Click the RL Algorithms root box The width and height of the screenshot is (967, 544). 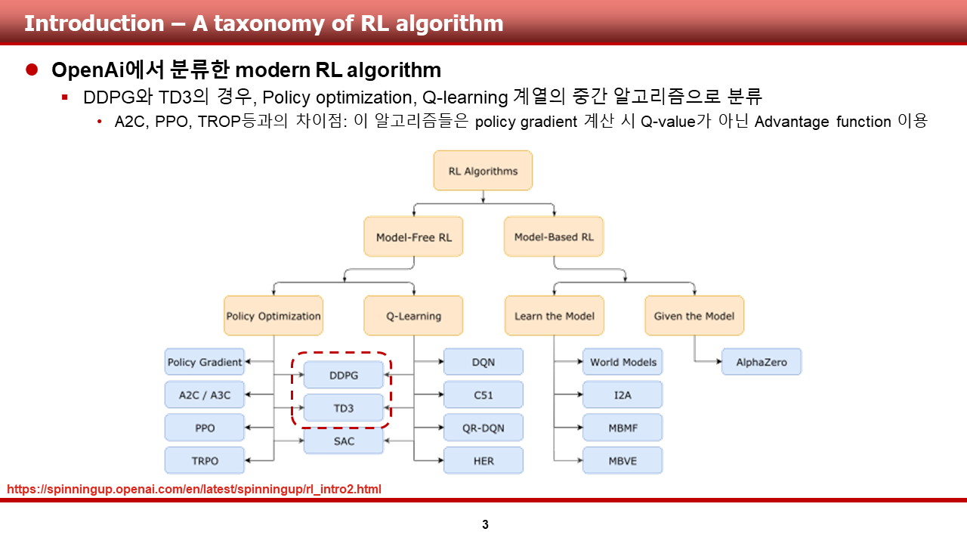(483, 171)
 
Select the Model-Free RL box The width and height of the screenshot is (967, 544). (414, 237)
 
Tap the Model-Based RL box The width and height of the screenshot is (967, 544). (554, 237)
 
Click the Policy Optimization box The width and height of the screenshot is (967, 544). (273, 316)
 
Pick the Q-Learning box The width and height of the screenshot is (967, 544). (413, 316)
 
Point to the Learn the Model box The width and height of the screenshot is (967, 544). (554, 316)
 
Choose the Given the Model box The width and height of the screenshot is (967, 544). (694, 316)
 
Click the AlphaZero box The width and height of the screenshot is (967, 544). (761, 362)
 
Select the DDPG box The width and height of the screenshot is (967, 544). (344, 376)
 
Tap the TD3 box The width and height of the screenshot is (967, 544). (344, 409)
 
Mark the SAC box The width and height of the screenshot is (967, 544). (344, 441)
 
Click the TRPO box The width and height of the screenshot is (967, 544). (205, 461)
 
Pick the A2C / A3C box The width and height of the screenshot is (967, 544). (205, 395)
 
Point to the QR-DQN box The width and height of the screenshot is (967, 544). (483, 428)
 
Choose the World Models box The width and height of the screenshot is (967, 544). (623, 362)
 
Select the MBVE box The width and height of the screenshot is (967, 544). (623, 461)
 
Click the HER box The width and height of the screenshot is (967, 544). (483, 461)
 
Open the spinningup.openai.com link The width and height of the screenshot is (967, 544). (194, 490)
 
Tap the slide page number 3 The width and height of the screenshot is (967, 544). (485, 524)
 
